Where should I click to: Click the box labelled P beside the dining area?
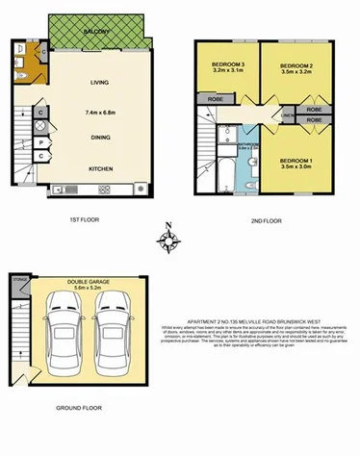[x=42, y=144]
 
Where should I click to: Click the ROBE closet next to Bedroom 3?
[x=214, y=98]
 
